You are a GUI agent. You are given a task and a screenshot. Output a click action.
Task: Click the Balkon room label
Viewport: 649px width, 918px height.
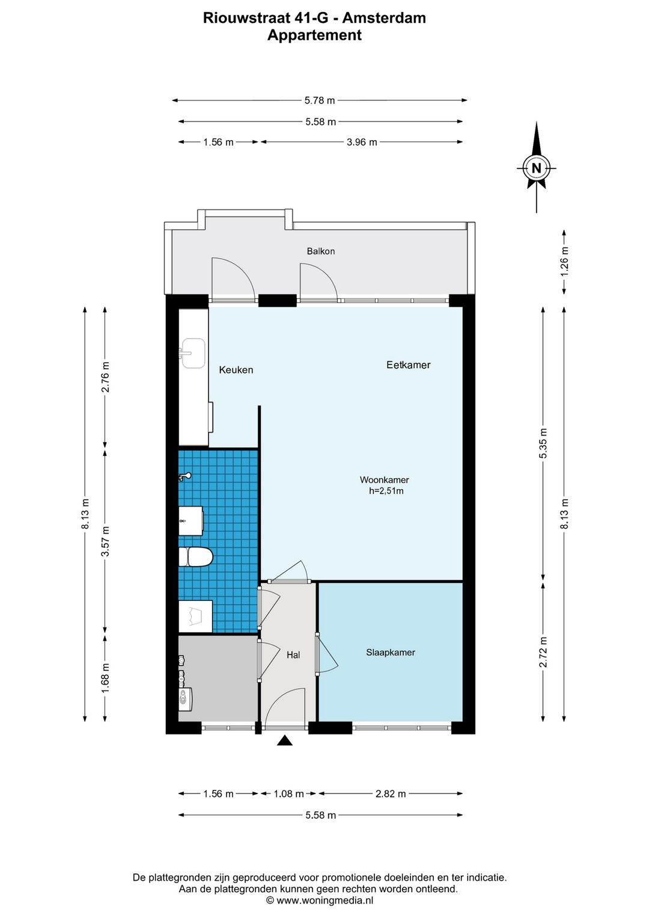(x=321, y=251)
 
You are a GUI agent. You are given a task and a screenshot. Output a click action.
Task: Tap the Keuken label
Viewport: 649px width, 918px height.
(x=236, y=370)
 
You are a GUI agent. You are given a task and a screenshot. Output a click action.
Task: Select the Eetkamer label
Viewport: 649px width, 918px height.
(x=408, y=365)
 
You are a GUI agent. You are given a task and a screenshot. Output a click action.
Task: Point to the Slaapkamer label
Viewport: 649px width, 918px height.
(x=390, y=653)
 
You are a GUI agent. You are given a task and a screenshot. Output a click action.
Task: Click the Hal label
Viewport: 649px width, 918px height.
(x=293, y=655)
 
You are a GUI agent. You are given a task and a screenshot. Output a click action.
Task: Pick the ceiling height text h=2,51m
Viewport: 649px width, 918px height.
(x=386, y=491)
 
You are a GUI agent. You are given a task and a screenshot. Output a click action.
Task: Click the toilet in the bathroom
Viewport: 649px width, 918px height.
(x=196, y=557)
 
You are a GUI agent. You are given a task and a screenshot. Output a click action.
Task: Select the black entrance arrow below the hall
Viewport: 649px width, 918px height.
(x=285, y=741)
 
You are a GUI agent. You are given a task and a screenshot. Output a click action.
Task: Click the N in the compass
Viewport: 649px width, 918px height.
(x=536, y=168)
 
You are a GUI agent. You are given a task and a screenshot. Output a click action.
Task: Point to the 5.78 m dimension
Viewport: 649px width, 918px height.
(x=319, y=100)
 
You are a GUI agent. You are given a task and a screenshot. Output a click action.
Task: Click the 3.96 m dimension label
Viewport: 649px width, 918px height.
(x=362, y=142)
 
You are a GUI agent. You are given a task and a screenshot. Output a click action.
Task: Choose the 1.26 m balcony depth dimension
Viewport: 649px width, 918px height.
(x=565, y=262)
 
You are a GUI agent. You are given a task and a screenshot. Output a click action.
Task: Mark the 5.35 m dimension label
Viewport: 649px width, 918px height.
(x=543, y=444)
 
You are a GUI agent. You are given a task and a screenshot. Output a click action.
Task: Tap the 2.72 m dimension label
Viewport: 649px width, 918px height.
(x=543, y=652)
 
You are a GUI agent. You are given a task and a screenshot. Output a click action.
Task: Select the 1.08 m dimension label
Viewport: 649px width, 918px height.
(x=288, y=794)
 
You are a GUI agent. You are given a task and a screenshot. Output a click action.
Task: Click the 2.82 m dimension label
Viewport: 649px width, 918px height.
(x=391, y=794)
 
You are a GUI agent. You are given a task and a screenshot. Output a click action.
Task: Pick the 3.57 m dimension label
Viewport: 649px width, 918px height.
(x=106, y=541)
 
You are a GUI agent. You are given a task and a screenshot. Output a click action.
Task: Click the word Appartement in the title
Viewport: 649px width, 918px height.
(x=314, y=35)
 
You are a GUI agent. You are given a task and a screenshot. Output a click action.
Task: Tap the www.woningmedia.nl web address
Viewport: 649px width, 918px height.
(x=325, y=901)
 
